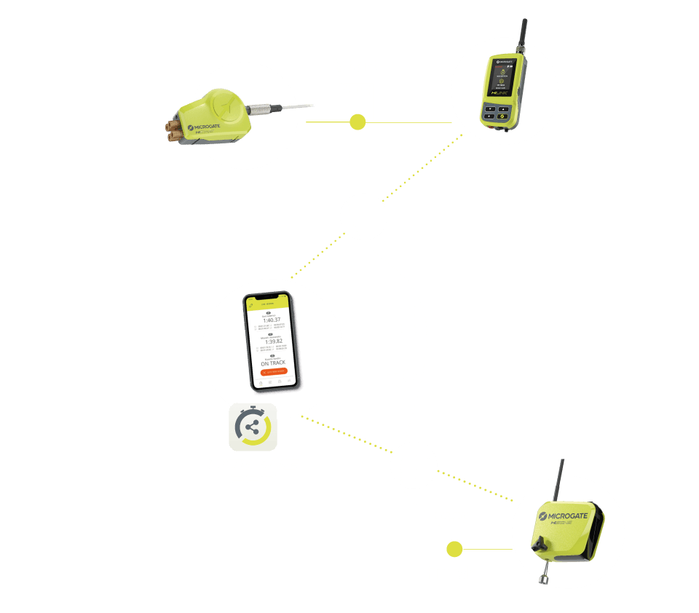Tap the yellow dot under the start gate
point(358,122)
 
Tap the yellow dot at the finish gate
point(455,548)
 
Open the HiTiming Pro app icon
point(253,427)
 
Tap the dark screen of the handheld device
point(502,82)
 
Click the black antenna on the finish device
point(561,479)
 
